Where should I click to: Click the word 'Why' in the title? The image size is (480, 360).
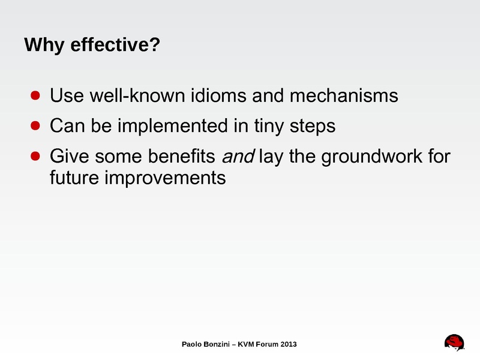click(x=44, y=45)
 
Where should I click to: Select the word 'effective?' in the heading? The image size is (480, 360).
click(x=115, y=44)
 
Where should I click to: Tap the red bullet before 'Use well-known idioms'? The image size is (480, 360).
click(x=35, y=95)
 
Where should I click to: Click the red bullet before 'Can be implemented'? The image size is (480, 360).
click(x=35, y=125)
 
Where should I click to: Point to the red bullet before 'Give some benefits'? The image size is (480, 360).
click(x=35, y=156)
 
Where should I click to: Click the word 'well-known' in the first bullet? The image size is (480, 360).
click(x=137, y=95)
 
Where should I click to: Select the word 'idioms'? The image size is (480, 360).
click(x=218, y=95)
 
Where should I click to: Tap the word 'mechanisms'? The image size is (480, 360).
click(x=344, y=95)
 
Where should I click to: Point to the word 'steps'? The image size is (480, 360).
click(x=313, y=127)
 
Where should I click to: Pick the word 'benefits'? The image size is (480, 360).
click(x=182, y=156)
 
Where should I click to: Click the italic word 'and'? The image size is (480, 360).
click(x=238, y=156)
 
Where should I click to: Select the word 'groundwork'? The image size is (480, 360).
click(x=371, y=157)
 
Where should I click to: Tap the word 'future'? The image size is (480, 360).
click(x=74, y=178)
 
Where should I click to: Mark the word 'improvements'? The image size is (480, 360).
click(x=166, y=178)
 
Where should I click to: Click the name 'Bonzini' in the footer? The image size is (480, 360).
click(x=217, y=344)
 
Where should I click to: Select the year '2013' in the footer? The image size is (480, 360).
click(x=289, y=344)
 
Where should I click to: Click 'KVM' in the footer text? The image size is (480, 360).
click(x=246, y=344)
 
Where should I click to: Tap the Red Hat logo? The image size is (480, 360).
click(x=454, y=342)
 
